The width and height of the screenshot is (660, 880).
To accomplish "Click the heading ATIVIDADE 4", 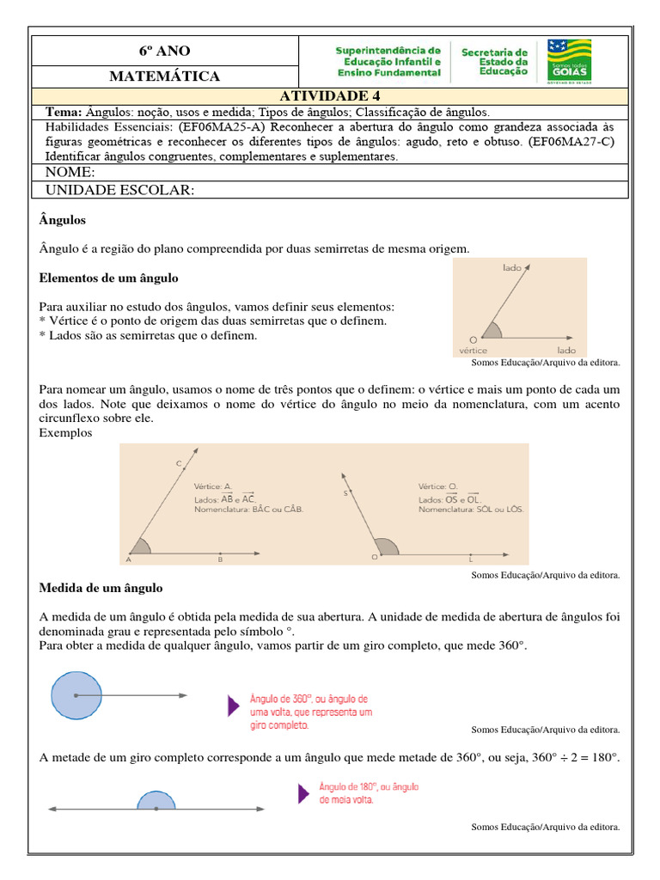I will [x=330, y=95].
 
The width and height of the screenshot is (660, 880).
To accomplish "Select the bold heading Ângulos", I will [x=63, y=221].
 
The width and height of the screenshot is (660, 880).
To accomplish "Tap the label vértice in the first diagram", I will [x=474, y=351].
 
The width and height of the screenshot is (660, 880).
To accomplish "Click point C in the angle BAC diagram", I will [x=180, y=464].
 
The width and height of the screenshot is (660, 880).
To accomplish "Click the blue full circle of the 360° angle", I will [x=76, y=694].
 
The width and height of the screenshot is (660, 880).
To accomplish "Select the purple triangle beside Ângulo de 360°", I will [x=232, y=706].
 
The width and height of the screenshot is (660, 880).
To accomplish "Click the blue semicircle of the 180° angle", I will [x=156, y=801].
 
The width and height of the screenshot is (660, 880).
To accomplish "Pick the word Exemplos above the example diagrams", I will [x=65, y=432].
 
